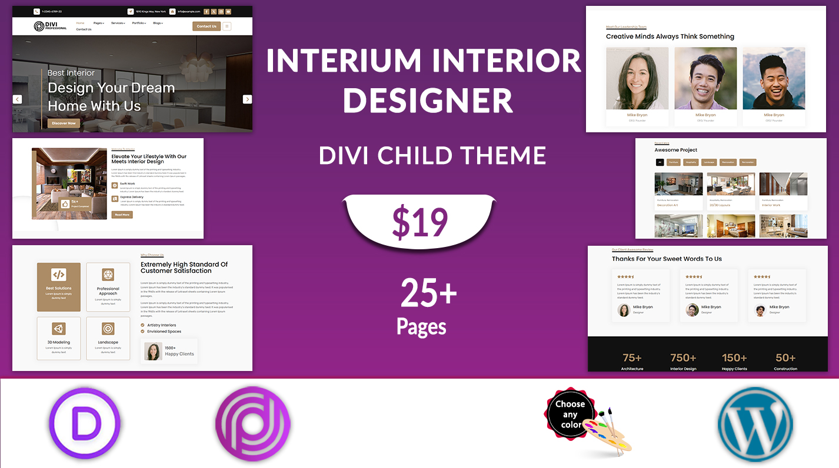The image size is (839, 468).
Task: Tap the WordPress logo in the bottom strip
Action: [755, 423]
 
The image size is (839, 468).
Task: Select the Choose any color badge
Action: [570, 413]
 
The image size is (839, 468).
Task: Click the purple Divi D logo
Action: [86, 423]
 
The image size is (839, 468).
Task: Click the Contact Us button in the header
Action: [207, 26]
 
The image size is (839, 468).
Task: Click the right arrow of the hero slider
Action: [247, 99]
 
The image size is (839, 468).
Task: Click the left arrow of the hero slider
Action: [18, 99]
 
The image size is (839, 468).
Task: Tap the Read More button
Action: [122, 215]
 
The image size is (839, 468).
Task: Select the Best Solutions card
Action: [59, 287]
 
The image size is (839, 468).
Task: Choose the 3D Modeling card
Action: [59, 338]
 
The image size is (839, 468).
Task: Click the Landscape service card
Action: [108, 338]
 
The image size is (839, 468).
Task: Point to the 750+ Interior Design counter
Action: [683, 361]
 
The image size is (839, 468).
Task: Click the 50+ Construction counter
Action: [785, 361]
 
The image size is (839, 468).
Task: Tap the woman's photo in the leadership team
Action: [637, 79]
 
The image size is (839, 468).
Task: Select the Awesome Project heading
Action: [676, 150]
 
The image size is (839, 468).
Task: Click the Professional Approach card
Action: [108, 287]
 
